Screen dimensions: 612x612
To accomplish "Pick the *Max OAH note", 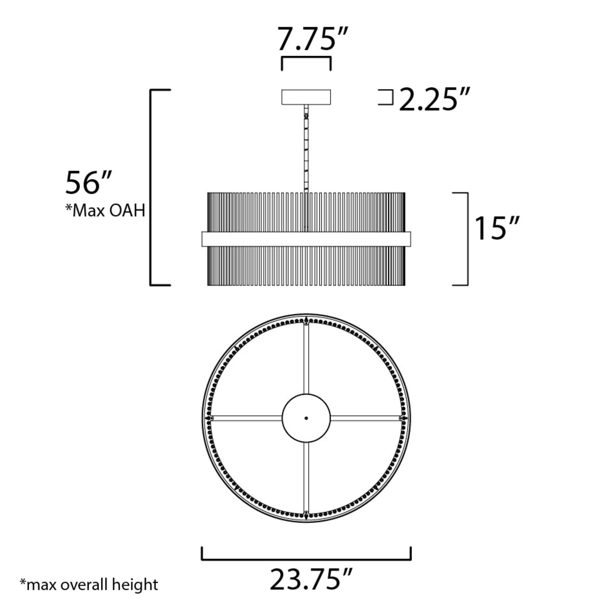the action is [105, 210].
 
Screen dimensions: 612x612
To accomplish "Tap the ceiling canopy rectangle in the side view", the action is [306, 97].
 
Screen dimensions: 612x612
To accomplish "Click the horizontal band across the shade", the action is [306, 239].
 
